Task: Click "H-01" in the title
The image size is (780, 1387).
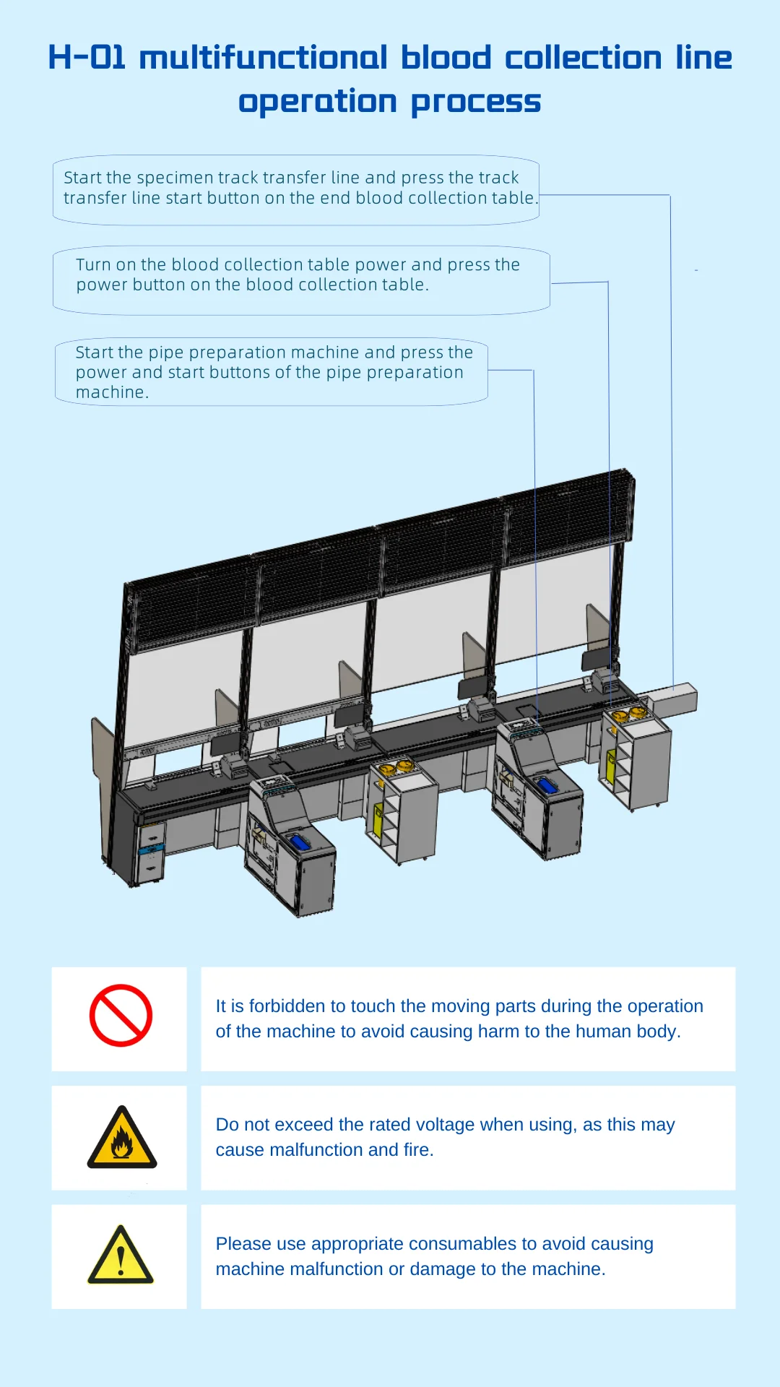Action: pyautogui.click(x=87, y=58)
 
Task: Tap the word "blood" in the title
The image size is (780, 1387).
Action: pyautogui.click(x=446, y=58)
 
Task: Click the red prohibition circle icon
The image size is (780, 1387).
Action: pyautogui.click(x=121, y=1015)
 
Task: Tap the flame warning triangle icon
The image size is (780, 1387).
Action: pyautogui.click(x=121, y=1138)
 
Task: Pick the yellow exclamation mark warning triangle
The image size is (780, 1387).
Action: pyautogui.click(x=121, y=1256)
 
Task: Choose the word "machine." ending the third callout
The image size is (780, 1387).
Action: pyautogui.click(x=112, y=392)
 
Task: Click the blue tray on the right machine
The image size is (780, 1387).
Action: pyautogui.click(x=547, y=785)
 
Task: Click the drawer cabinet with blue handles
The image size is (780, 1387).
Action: pyautogui.click(x=150, y=850)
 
